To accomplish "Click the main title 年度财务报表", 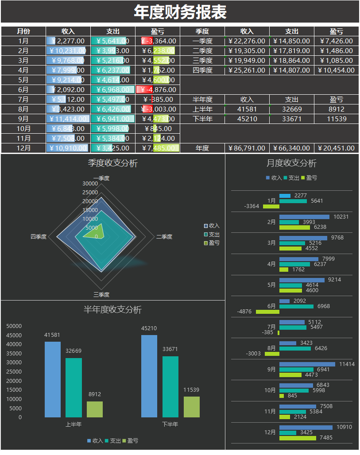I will tap(180, 12).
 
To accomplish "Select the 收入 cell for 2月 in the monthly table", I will tap(68, 50).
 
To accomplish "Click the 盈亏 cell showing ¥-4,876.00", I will tap(158, 89).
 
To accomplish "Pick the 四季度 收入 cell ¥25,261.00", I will tap(247, 70).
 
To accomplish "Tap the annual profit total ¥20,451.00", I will tap(336, 148).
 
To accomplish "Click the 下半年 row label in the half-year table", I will tap(202, 119).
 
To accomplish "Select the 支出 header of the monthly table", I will tap(113, 31).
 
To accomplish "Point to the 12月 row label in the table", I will tap(23, 148).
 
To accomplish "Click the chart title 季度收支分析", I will tap(113, 163).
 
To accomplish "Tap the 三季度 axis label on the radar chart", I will tap(101, 294).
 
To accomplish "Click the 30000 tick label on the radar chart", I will tap(90, 183).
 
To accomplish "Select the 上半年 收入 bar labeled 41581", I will tap(53, 379).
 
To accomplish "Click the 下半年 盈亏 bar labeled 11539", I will tap(192, 407).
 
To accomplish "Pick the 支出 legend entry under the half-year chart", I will tap(112, 441).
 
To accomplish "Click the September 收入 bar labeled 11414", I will tap(307, 364).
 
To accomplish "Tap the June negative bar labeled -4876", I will tap(267, 312).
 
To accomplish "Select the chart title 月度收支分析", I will tap(291, 163).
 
